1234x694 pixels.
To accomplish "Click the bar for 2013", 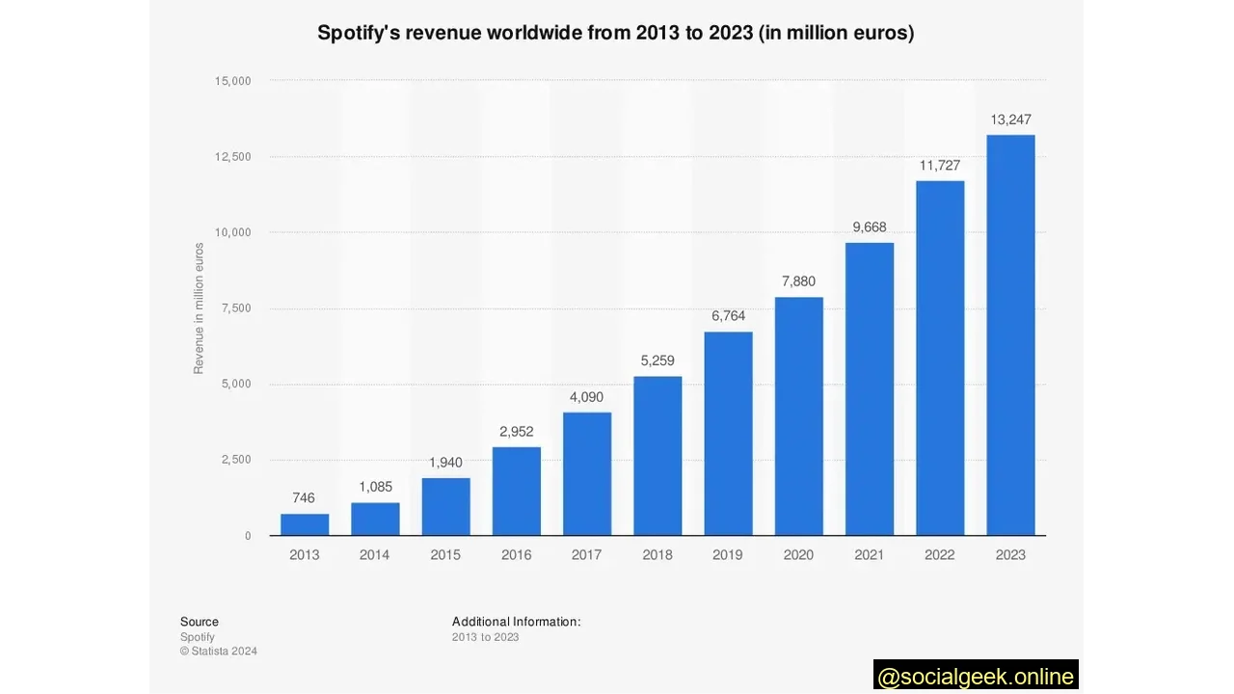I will tap(305, 524).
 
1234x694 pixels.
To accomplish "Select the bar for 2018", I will tap(657, 456).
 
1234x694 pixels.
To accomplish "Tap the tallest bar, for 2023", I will tap(1010, 335).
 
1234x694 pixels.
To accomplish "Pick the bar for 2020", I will tap(798, 416).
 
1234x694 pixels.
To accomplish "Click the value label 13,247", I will tap(1010, 120).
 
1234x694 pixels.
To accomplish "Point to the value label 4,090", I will tap(586, 396).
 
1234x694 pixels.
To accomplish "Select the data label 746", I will tap(304, 497).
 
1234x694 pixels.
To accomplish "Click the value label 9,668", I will tap(869, 227).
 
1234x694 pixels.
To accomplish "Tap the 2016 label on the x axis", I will tap(516, 554).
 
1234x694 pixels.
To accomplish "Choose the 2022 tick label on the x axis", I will tap(939, 554).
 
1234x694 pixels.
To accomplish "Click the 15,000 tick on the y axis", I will tap(231, 81).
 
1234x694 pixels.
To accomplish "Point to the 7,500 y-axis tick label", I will tap(235, 308).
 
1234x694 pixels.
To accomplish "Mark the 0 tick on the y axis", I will tap(247, 535).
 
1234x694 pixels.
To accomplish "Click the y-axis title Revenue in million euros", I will tap(199, 308).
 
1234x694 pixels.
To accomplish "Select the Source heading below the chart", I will tap(199, 622).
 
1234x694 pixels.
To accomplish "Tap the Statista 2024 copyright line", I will tap(219, 651).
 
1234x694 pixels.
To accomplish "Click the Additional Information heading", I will tap(516, 622).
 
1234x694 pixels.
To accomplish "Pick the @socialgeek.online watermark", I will tap(976, 676).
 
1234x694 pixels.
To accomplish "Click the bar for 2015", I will tap(445, 506).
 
